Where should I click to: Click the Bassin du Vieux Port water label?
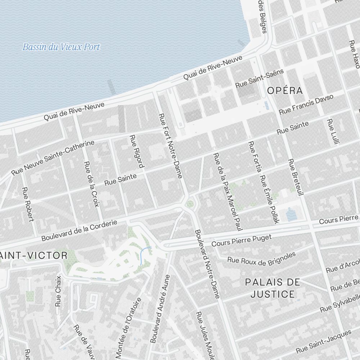click(61, 47)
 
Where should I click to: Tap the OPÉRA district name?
click(285, 91)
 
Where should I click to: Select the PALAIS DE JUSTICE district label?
click(273, 288)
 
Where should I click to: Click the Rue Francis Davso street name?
click(306, 105)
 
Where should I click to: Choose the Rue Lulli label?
click(333, 132)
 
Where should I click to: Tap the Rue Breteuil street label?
click(294, 177)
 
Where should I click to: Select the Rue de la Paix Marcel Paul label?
click(226, 191)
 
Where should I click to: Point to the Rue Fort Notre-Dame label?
click(171, 146)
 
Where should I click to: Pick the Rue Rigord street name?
click(137, 151)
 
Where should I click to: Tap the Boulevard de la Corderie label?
click(79, 231)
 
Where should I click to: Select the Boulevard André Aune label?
click(160, 309)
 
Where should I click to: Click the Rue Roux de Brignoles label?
click(261, 259)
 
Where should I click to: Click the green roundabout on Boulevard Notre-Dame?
click(190, 204)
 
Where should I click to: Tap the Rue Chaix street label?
click(58, 291)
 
